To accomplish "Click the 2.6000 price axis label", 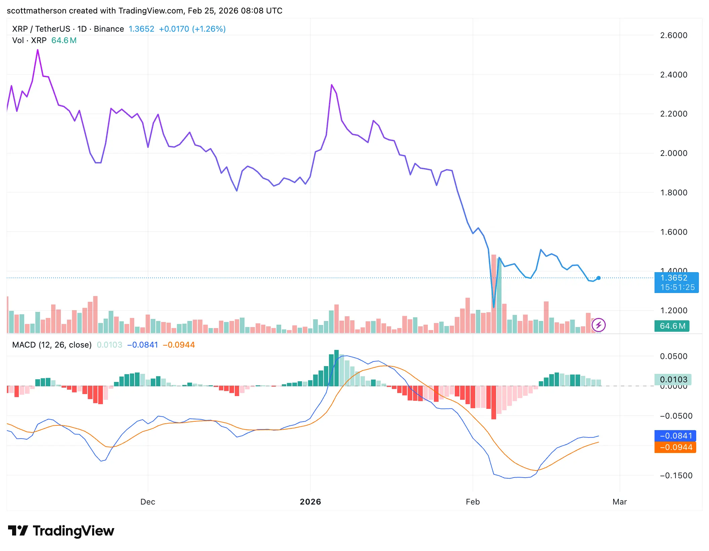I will pyautogui.click(x=673, y=35).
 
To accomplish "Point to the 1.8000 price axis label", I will pyautogui.click(x=673, y=193).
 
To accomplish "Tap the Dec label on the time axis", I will pyautogui.click(x=148, y=502).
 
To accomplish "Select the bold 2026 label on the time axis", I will pyautogui.click(x=310, y=502).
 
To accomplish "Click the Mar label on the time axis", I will pyautogui.click(x=620, y=502).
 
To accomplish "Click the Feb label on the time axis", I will pyautogui.click(x=473, y=502).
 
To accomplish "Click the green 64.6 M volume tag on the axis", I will pyautogui.click(x=672, y=326).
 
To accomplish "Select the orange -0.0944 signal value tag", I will pyautogui.click(x=675, y=448).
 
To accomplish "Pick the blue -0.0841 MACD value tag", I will pyautogui.click(x=675, y=436).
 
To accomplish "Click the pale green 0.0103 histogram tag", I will pyautogui.click(x=673, y=380).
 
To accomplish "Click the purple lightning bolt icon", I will pyautogui.click(x=599, y=325).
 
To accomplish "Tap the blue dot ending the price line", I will pyautogui.click(x=599, y=278).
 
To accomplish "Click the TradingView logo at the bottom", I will pyautogui.click(x=61, y=531).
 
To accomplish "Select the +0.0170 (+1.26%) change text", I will pyautogui.click(x=192, y=29).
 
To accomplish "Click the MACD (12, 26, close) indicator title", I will pyautogui.click(x=52, y=345).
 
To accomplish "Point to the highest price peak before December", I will pyautogui.click(x=38, y=50).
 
